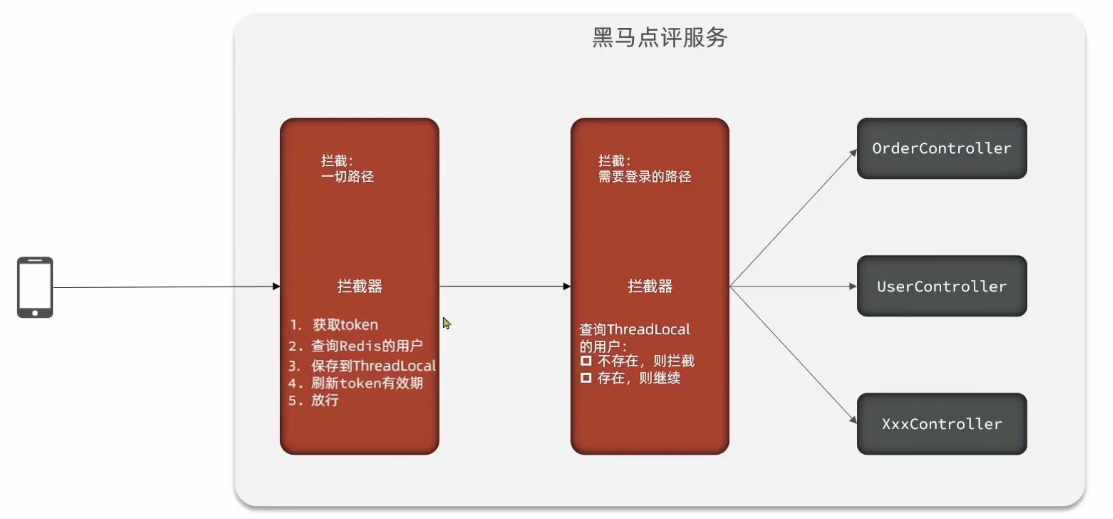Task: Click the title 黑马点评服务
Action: [x=659, y=38]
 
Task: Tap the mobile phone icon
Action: [x=35, y=287]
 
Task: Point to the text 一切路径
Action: [x=347, y=176]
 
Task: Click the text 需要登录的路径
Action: [x=645, y=176]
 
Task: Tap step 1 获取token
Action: [x=345, y=325]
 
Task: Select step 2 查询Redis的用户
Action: [x=366, y=346]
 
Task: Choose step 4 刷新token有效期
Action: [x=366, y=383]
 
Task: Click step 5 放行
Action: [x=324, y=400]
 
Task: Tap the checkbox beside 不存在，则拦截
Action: [x=586, y=360]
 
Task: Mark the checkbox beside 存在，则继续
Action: [x=586, y=378]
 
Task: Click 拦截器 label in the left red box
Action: [x=359, y=286]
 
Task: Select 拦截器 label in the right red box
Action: [x=650, y=286]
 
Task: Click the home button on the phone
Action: [x=35, y=313]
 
